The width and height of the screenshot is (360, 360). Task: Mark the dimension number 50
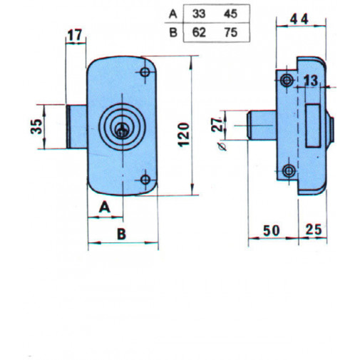[x=271, y=231]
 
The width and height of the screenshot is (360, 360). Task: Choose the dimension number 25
[x=314, y=231]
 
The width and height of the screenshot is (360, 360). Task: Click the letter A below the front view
[x=103, y=207]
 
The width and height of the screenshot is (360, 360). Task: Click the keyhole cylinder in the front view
[x=123, y=128]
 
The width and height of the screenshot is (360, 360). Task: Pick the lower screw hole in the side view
[x=288, y=170]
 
